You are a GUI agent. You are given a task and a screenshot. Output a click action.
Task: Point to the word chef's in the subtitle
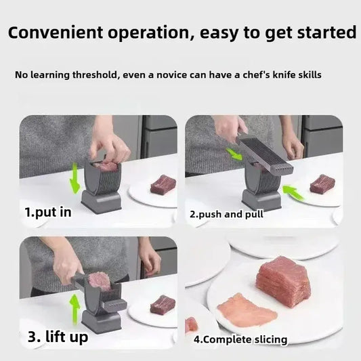(255, 75)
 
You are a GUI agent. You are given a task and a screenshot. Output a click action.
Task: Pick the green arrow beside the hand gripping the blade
(234, 154)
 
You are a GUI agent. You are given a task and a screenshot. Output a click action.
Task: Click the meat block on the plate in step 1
(163, 184)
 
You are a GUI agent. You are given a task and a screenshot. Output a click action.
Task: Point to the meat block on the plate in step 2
(322, 184)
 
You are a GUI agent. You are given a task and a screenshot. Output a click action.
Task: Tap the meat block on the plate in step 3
(163, 305)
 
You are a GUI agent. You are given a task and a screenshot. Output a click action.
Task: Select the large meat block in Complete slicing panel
(284, 280)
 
